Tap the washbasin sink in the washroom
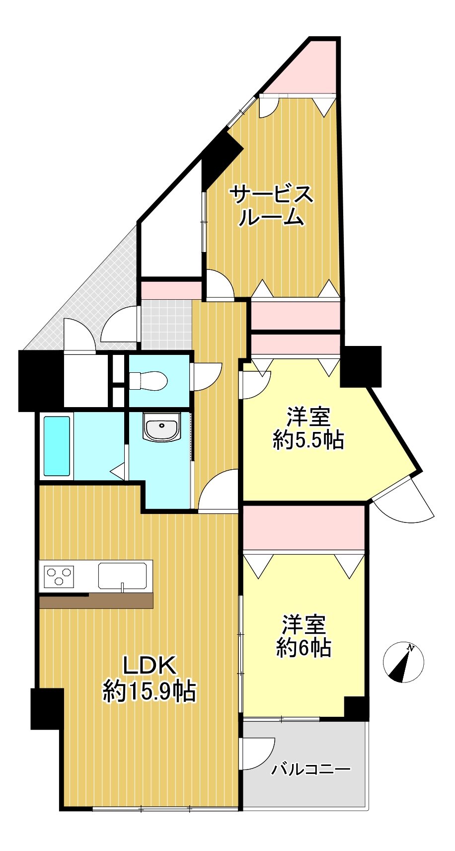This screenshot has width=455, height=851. point(161,427)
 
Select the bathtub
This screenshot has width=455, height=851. point(57,446)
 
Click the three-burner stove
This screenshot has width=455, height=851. point(59,576)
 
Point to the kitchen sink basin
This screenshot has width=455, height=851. point(122,576)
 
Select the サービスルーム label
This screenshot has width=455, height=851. point(272,205)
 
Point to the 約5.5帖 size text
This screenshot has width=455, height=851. point(308,440)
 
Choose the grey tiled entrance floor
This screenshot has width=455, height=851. point(167,325)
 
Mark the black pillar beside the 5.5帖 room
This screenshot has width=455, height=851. point(361,366)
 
